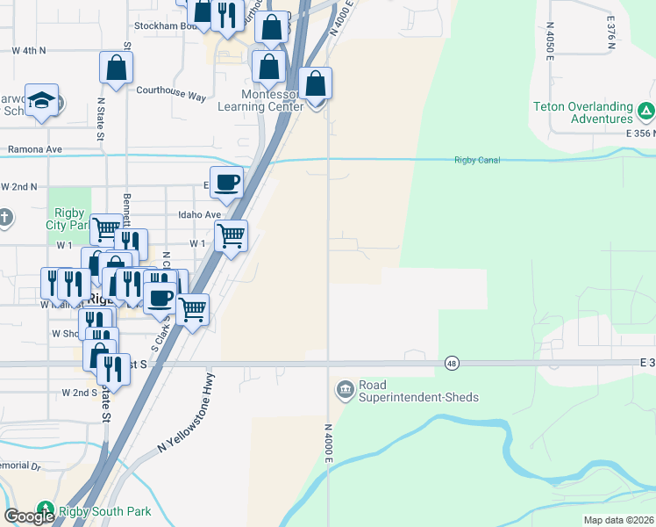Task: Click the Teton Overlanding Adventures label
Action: point(582,112)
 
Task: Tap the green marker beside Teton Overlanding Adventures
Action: point(645,111)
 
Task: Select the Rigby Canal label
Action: point(476,160)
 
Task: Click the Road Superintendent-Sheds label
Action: point(418,391)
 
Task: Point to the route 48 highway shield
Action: point(452,363)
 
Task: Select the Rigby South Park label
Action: point(104,511)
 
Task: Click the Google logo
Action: point(29,516)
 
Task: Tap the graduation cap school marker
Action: point(41,102)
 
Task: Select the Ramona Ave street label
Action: point(35,149)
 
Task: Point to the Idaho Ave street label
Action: point(199,214)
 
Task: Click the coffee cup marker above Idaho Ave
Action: point(226,182)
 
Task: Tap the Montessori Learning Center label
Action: point(262,100)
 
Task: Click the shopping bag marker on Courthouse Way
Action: point(117,67)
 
